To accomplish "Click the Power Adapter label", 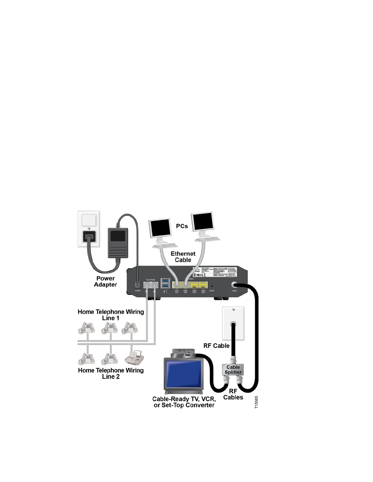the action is (x=105, y=281).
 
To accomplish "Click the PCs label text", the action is (x=182, y=226).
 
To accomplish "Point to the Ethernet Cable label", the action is (x=183, y=257).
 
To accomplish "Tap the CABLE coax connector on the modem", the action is (x=234, y=285).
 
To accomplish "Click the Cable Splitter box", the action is (x=233, y=369).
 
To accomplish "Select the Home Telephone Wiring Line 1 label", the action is (x=111, y=315).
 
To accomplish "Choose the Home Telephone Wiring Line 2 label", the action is (x=111, y=373).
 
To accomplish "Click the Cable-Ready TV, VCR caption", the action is (x=184, y=402).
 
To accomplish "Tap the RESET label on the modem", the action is (x=212, y=291).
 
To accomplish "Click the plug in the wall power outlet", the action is (x=89, y=236).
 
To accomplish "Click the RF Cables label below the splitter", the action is (x=233, y=394).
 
